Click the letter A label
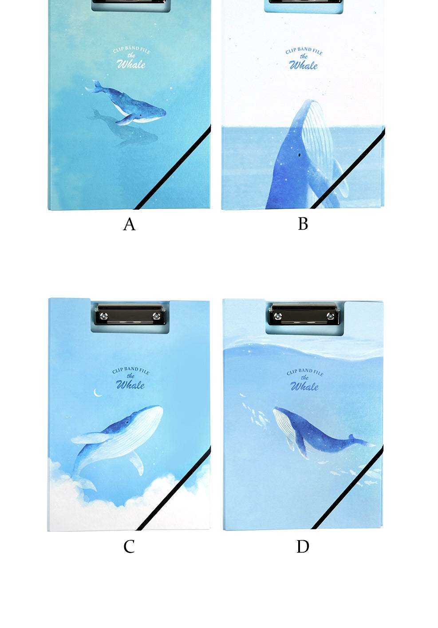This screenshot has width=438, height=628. point(129,224)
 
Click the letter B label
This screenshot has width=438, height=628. point(303,224)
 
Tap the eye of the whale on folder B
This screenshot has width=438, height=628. point(299,154)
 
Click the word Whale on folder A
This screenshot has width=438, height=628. point(131,64)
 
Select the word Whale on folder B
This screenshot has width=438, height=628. point(304,65)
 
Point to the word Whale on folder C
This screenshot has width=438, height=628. point(130,385)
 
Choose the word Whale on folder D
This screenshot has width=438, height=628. point(304,387)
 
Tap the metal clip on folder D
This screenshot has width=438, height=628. point(304,315)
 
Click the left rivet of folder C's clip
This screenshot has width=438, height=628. point(104,316)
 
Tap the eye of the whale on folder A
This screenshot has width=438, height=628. point(140,115)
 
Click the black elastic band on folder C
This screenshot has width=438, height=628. point(173,489)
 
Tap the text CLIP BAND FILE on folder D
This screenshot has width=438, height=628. point(305,372)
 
